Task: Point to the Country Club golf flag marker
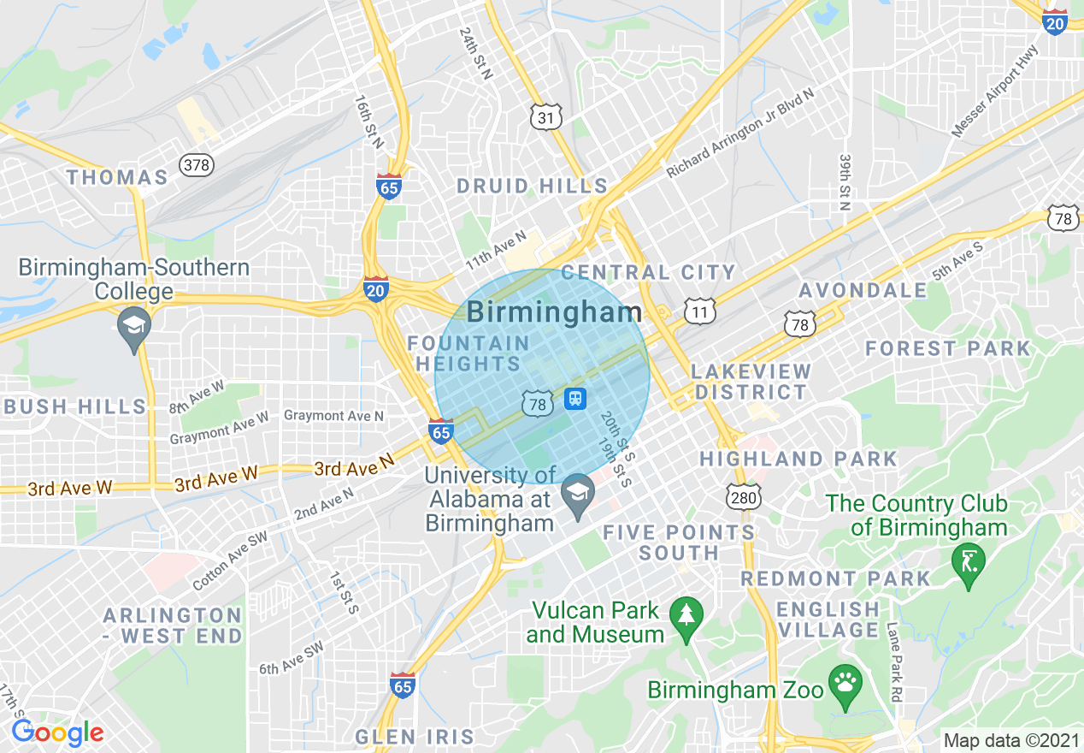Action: click(x=969, y=563)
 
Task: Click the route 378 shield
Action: click(x=197, y=164)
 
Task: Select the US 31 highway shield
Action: click(x=545, y=117)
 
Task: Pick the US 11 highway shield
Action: click(x=700, y=311)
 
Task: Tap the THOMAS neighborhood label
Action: click(x=117, y=178)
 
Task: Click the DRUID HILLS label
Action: click(x=532, y=187)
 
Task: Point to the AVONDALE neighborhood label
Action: click(x=863, y=291)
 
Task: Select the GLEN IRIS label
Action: click(x=415, y=737)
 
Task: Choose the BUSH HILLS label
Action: click(x=74, y=406)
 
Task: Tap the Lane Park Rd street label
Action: click(x=894, y=662)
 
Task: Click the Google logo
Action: click(x=58, y=733)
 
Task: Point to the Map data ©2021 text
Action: click(x=1010, y=740)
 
